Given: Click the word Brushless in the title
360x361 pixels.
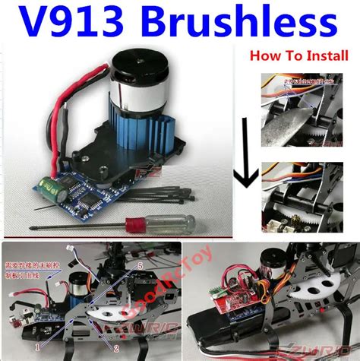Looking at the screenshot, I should (x=243, y=24).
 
